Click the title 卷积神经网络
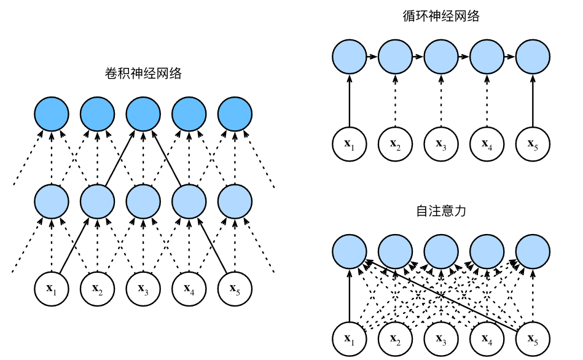click(x=144, y=73)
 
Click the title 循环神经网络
click(x=441, y=17)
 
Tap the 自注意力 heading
click(x=441, y=211)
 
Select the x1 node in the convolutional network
click(x=52, y=287)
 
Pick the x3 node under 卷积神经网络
click(x=144, y=287)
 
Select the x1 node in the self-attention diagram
click(x=349, y=338)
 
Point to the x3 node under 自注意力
click(x=441, y=338)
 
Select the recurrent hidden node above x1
click(x=349, y=57)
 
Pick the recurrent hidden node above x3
click(x=441, y=57)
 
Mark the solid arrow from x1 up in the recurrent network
click(x=349, y=101)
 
